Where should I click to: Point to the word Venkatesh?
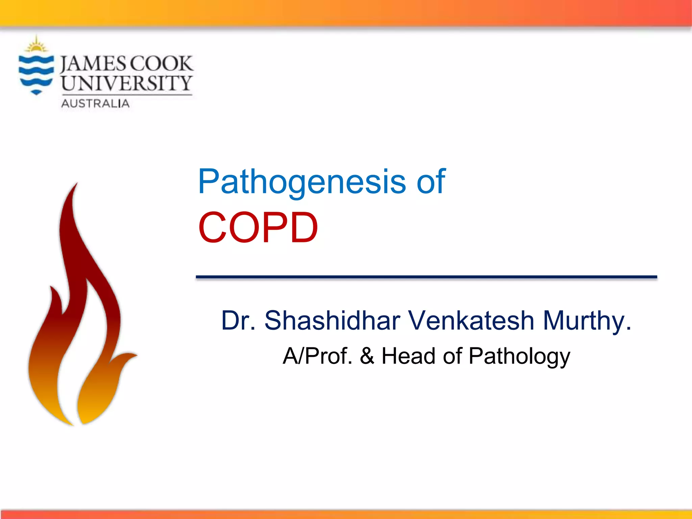point(471,320)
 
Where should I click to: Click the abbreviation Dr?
point(238,320)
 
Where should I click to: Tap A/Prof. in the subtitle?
point(317,356)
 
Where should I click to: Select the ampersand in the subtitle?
point(367,356)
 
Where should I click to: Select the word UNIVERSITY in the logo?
point(127,83)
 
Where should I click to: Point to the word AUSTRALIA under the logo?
point(95,103)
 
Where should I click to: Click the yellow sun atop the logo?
point(36,46)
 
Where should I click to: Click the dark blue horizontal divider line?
point(426,277)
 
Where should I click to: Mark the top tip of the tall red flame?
point(76,184)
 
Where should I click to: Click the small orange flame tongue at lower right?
point(127,358)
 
